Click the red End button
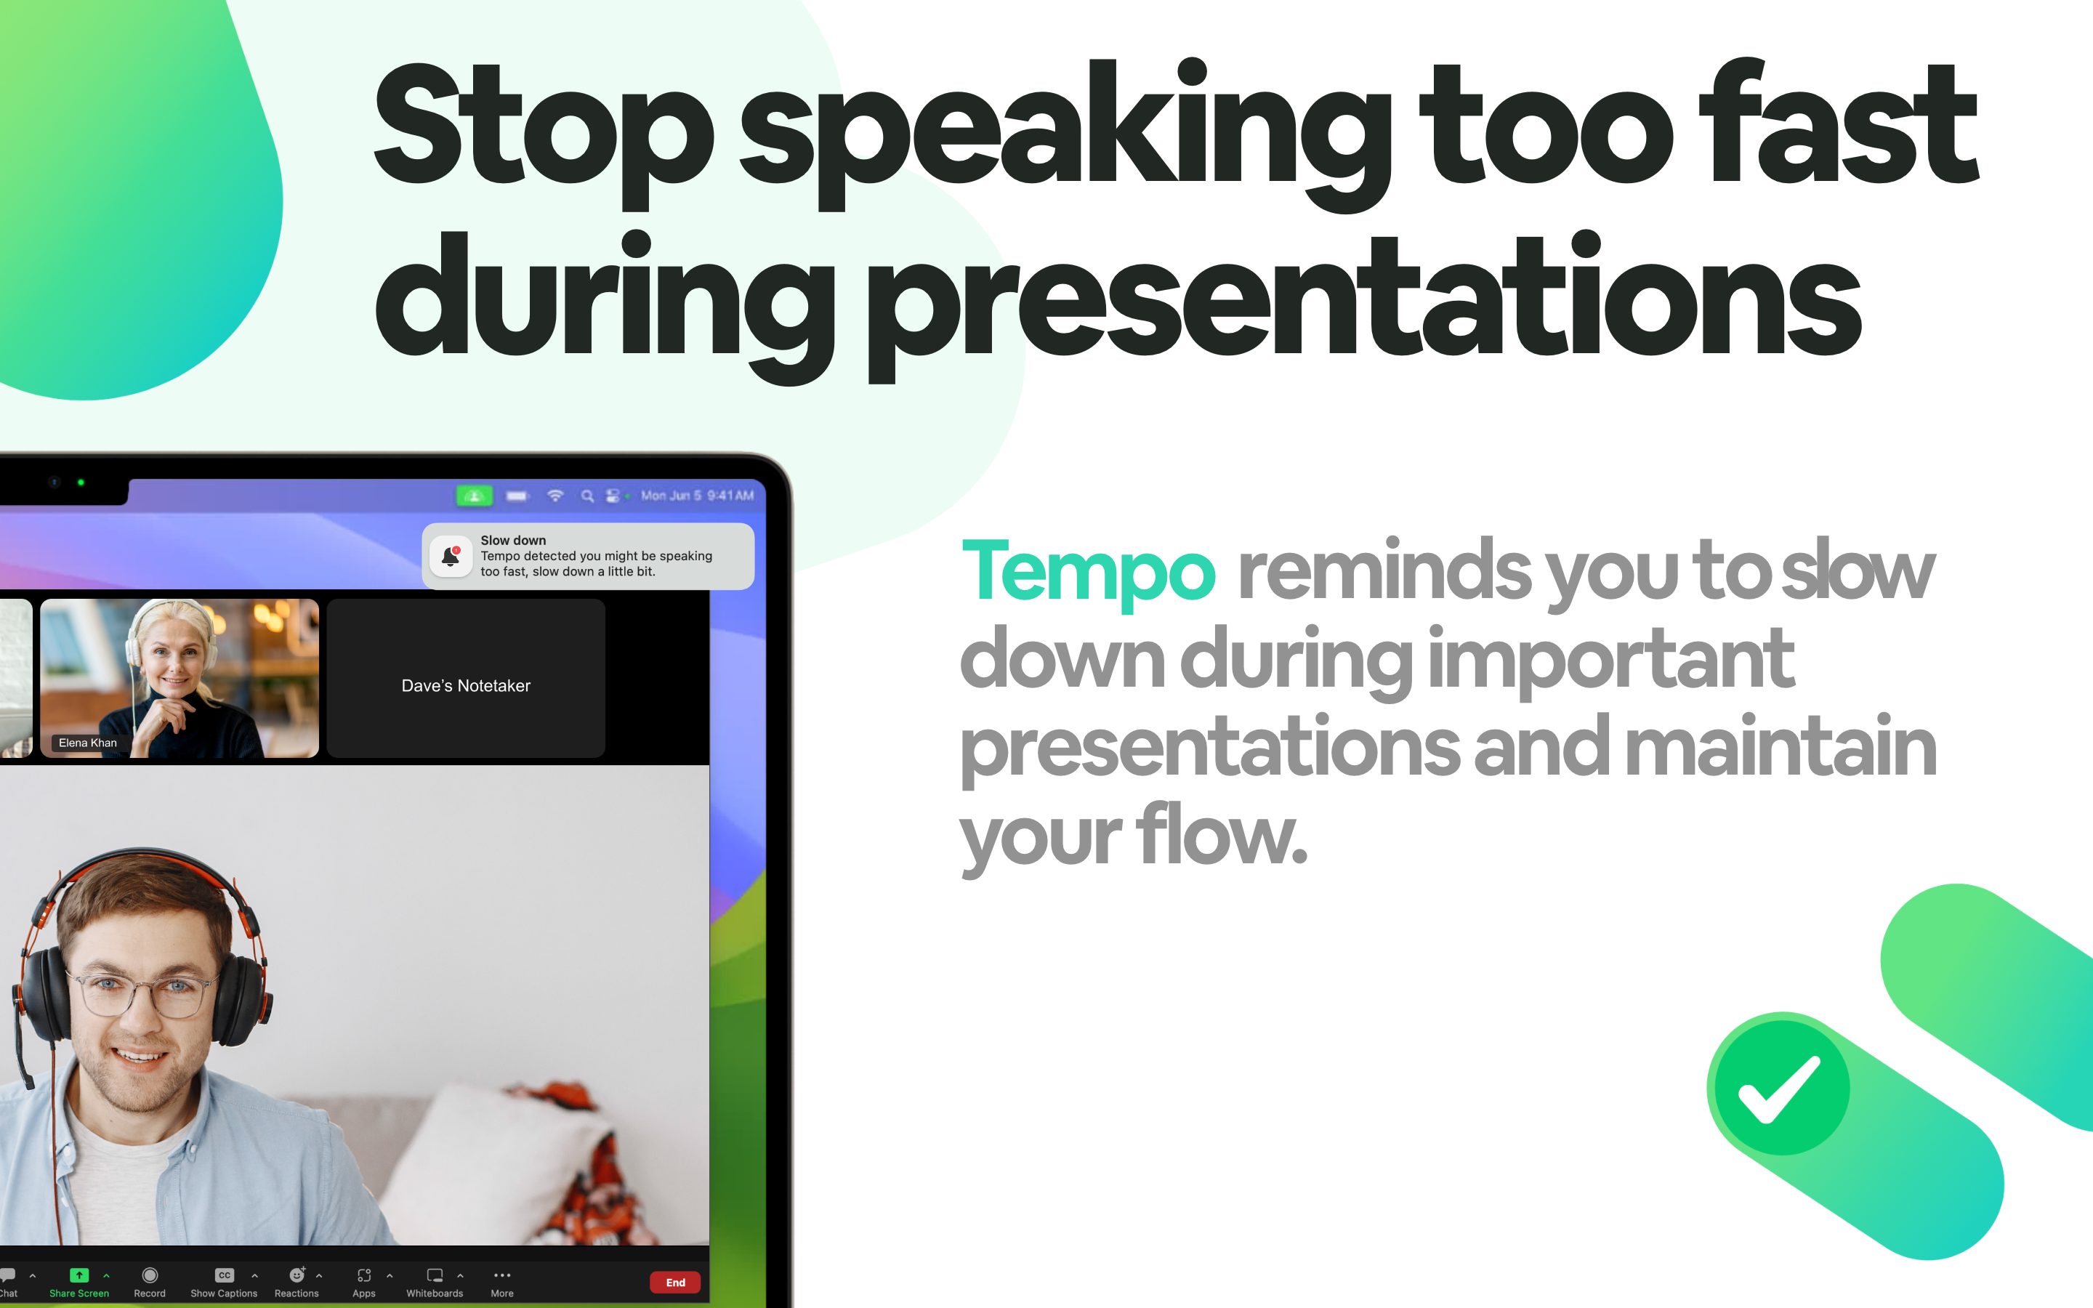pyautogui.click(x=674, y=1282)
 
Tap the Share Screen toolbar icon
pyautogui.click(x=78, y=1275)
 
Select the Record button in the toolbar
pyautogui.click(x=150, y=1275)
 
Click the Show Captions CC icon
pyautogui.click(x=224, y=1275)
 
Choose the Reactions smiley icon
pyautogui.click(x=297, y=1275)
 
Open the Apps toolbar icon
pyautogui.click(x=364, y=1275)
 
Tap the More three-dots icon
pyautogui.click(x=501, y=1275)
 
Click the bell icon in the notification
pyautogui.click(x=451, y=556)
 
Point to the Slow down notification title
pyautogui.click(x=513, y=540)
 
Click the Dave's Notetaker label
pyautogui.click(x=465, y=685)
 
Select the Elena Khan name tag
pyautogui.click(x=87, y=742)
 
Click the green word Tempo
pyautogui.click(x=1088, y=571)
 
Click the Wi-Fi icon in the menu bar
pyautogui.click(x=555, y=496)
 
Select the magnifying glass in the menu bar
pyautogui.click(x=587, y=496)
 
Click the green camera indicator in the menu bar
pyautogui.click(x=474, y=496)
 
